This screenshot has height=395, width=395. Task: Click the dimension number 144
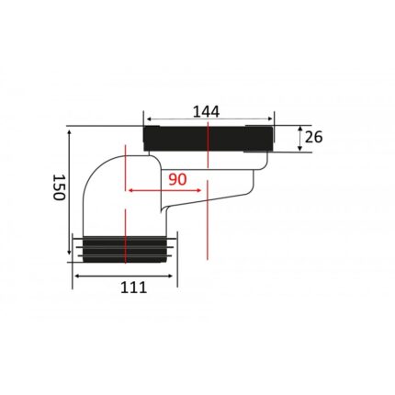pos(206,112)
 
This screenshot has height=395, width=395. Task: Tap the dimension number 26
pos(314,137)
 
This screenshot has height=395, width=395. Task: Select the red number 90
pos(177,179)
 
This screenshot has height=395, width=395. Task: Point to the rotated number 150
pos(59,187)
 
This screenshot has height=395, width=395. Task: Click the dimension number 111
pos(133,288)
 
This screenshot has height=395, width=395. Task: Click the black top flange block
pos(209,138)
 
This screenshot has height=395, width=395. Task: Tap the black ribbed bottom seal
pos(125,249)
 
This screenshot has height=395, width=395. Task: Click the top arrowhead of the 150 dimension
pos(69,132)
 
